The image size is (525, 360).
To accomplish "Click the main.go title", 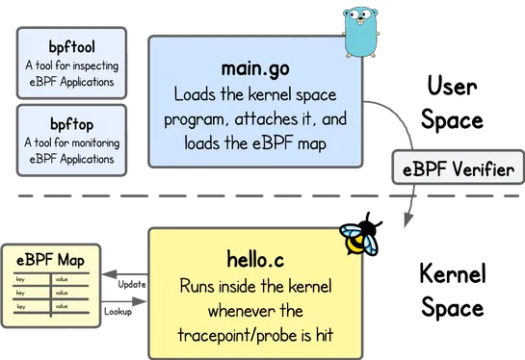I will pyautogui.click(x=255, y=72).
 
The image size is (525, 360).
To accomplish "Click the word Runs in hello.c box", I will pyautogui.click(x=198, y=287).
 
